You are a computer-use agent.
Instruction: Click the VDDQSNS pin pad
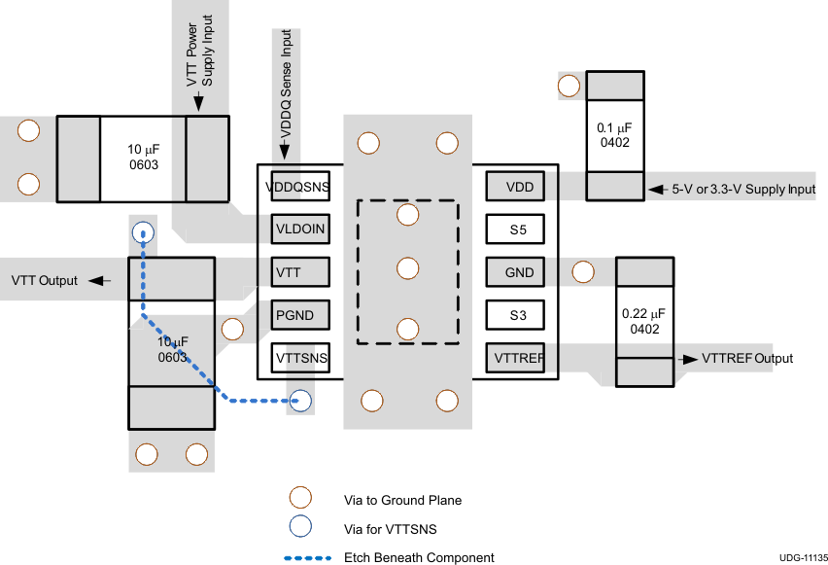tap(300, 186)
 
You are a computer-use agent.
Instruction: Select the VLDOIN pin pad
tap(300, 229)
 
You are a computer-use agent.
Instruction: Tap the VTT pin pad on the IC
tap(300, 272)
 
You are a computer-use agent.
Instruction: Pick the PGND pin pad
tap(300, 315)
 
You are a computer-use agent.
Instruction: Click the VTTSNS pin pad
tap(300, 359)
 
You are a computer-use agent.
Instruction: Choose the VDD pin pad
tap(515, 186)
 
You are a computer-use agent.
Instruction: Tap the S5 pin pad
tap(515, 230)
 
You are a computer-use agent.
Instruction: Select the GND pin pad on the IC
tap(515, 272)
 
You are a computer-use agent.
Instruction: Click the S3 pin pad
tap(515, 315)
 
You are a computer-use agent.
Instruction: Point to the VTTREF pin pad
tap(515, 359)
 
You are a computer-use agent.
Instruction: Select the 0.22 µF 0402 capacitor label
tap(643, 321)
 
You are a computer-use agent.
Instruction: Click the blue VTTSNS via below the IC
tap(300, 399)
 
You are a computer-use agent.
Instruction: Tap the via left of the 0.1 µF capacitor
tap(569, 87)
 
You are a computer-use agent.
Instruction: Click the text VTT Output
tap(44, 281)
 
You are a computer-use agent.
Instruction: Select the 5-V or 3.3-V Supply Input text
tap(743, 189)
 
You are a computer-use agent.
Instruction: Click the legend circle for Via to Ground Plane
tap(300, 499)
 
